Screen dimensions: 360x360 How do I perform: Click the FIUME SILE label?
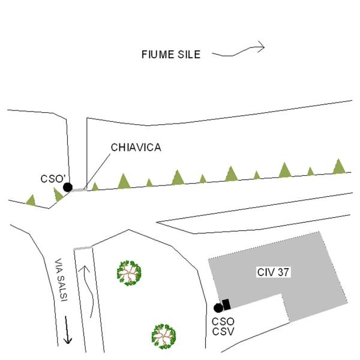tap(171, 55)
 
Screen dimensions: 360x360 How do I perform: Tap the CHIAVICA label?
tap(136, 148)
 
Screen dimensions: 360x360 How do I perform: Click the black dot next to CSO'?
tap(68, 187)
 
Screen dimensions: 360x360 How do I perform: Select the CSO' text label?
tap(53, 179)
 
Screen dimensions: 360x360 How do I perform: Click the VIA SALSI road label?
tap(61, 280)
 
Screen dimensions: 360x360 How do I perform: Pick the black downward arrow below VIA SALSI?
tap(67, 330)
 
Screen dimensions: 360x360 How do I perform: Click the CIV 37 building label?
tap(273, 272)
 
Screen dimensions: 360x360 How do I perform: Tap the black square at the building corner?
tap(226, 305)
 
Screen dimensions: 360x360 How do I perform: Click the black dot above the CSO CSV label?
tap(218, 308)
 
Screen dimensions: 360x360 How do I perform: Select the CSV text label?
tap(223, 332)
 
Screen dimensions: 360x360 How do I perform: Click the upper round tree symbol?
tap(129, 273)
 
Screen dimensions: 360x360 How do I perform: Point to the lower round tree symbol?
tap(164, 337)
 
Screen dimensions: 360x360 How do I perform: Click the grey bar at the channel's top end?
tap(83, 248)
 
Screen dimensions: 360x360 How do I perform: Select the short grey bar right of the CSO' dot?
tap(79, 190)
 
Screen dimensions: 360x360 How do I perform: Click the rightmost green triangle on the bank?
tap(339, 166)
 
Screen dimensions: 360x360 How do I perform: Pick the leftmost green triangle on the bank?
tap(31, 200)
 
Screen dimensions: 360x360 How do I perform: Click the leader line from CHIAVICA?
tap(97, 172)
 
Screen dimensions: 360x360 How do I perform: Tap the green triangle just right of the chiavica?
tap(95, 187)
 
